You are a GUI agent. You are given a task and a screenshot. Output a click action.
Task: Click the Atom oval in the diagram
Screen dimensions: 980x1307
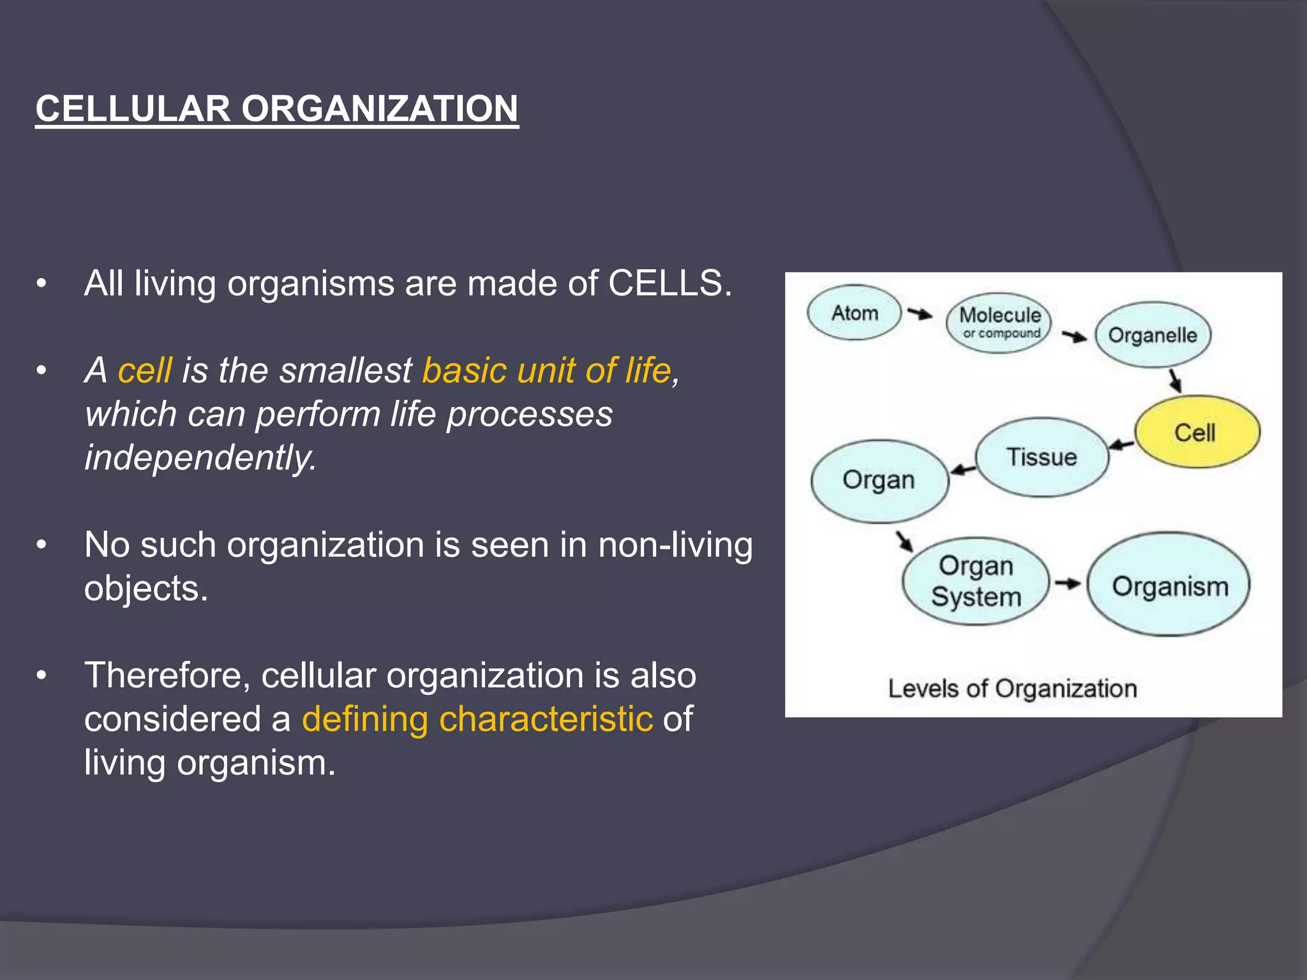pyautogui.click(x=854, y=313)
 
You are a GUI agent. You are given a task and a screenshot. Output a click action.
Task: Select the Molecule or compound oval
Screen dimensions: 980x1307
pyautogui.click(x=999, y=322)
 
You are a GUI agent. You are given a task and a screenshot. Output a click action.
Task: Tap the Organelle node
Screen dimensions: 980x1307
pyautogui.click(x=1153, y=334)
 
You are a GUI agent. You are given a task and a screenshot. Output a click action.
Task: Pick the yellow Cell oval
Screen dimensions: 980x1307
pyautogui.click(x=1197, y=432)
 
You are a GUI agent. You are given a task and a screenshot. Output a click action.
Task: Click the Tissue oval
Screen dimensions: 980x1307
pyautogui.click(x=1042, y=457)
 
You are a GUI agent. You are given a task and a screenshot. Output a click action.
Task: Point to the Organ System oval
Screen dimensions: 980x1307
pyautogui.click(x=975, y=581)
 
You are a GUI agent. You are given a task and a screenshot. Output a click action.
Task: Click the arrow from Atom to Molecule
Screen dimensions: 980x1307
pyautogui.click(x=920, y=313)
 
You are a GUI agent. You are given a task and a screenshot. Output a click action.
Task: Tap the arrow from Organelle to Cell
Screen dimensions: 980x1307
pyautogui.click(x=1175, y=381)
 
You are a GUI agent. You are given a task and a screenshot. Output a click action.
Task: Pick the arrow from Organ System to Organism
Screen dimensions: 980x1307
pyautogui.click(x=1067, y=583)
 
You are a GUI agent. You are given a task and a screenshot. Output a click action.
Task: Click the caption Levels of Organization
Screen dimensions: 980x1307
pyautogui.click(x=1012, y=688)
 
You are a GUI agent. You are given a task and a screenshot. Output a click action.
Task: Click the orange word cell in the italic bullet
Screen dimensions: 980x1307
pyautogui.click(x=145, y=370)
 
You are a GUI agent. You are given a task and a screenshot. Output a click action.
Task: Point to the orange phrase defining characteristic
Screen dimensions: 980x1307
pyautogui.click(x=477, y=719)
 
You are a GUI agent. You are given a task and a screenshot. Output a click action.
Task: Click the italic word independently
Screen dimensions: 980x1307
pyautogui.click(x=200, y=457)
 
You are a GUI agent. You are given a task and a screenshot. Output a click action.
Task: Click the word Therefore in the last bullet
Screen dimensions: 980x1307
pyautogui.click(x=167, y=675)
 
